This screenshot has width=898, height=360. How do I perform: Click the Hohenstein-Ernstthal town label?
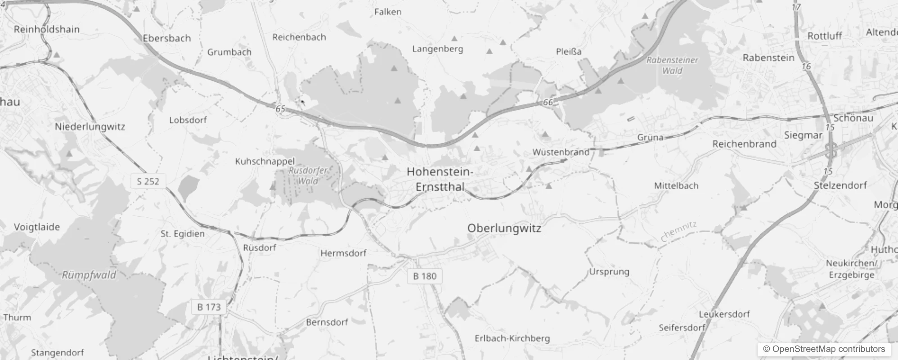pyautogui.click(x=440, y=179)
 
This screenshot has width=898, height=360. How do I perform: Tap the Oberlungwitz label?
pyautogui.click(x=504, y=228)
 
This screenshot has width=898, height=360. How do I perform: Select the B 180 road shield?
pyautogui.click(x=425, y=276)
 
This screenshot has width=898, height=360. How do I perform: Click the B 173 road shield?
pyautogui.click(x=209, y=307)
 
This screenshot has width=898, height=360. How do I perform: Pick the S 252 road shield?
pyautogui.click(x=148, y=181)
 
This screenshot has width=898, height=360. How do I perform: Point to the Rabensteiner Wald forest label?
pyautogui.click(x=672, y=65)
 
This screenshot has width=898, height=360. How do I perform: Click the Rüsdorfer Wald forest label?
pyautogui.click(x=308, y=175)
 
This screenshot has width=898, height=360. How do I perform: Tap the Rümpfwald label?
pyautogui.click(x=89, y=275)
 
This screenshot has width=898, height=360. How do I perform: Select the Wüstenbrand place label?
pyautogui.click(x=561, y=152)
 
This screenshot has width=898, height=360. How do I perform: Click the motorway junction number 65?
pyautogui.click(x=280, y=109)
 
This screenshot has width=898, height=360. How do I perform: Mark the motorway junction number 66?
pyautogui.click(x=548, y=102)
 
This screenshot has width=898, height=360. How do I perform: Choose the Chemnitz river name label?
pyautogui.click(x=679, y=232)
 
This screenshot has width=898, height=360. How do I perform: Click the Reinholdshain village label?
pyautogui.click(x=47, y=30)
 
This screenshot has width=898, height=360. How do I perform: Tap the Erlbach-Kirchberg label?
pyautogui.click(x=512, y=338)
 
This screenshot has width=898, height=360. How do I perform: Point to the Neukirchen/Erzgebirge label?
pyautogui.click(x=852, y=269)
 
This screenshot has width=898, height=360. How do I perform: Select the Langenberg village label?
pyautogui.click(x=437, y=49)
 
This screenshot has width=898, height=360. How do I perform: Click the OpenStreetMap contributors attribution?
pyautogui.click(x=824, y=349)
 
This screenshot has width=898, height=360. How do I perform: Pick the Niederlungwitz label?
pyautogui.click(x=90, y=127)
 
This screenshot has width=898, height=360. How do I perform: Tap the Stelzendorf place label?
pyautogui.click(x=840, y=185)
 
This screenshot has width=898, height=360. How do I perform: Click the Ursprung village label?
pyautogui.click(x=609, y=272)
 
